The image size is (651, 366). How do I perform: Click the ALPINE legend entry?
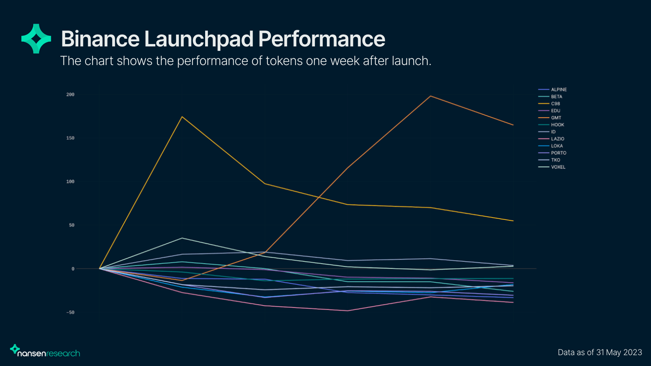(552, 89)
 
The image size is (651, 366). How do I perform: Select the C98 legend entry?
(549, 104)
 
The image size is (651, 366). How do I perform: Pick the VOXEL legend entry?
(552, 167)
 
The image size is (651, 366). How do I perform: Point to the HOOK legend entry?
(551, 125)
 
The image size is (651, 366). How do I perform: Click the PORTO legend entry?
(552, 153)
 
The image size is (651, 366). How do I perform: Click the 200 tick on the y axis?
(70, 95)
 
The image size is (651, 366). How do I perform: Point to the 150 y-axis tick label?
(70, 138)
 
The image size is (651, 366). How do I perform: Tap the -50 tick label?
(70, 312)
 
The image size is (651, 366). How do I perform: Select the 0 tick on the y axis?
(73, 269)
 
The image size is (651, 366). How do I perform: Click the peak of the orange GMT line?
(430, 96)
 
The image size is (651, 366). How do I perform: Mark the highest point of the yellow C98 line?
(182, 117)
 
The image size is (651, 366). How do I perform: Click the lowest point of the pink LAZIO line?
(348, 311)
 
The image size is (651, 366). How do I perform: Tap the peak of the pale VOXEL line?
(182, 238)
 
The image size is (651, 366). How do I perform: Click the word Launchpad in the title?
(199, 39)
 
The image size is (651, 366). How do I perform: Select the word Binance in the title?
(100, 39)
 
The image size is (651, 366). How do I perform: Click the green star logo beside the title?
(36, 39)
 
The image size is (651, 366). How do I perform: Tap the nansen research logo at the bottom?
(45, 351)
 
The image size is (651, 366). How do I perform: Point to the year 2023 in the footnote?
(633, 352)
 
